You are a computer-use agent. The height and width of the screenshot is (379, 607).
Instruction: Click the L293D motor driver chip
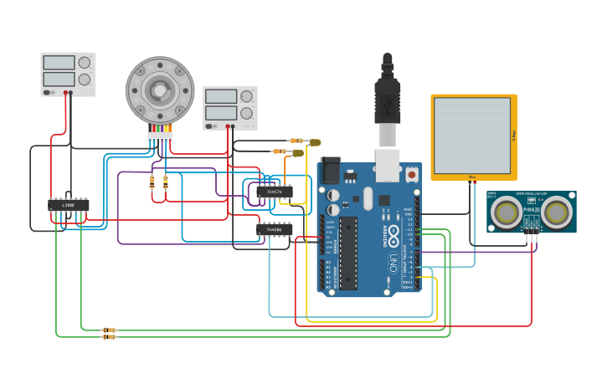[69, 204]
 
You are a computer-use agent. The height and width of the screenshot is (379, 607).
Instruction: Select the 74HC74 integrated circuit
[275, 192]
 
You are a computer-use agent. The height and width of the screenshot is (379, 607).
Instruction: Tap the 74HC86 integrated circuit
[275, 229]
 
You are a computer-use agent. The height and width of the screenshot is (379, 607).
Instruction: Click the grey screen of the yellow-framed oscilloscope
[473, 136]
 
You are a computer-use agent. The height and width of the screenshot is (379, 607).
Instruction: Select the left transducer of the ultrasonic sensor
[507, 213]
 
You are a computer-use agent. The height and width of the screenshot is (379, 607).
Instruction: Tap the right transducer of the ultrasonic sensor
[557, 213]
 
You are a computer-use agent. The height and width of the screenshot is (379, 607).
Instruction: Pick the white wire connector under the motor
[160, 136]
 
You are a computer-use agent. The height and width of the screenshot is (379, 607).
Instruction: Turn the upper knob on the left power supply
[84, 63]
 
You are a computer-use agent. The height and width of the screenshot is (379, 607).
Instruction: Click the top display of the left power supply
[59, 63]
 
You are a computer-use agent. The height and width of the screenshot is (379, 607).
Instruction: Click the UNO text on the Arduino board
[394, 265]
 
